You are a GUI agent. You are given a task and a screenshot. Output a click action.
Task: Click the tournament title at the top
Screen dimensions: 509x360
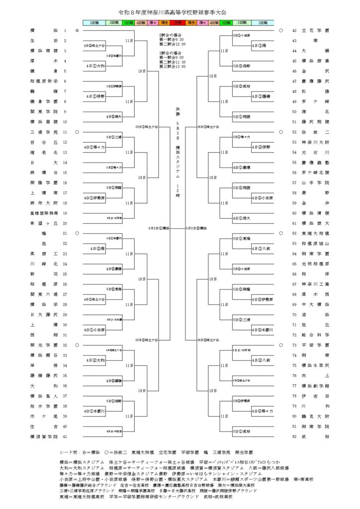pyautogui.click(x=180, y=11)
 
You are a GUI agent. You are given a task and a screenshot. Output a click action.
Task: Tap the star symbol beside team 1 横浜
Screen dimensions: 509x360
pyautogui.click(x=77, y=30)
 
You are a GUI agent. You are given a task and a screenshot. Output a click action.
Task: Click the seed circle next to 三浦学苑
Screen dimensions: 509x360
pyautogui.click(x=77, y=132)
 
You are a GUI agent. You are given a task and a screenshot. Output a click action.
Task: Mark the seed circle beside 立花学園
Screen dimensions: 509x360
pyautogui.click(x=281, y=30)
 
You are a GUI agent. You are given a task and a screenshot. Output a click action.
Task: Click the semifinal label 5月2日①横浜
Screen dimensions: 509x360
pyautogui.click(x=159, y=228)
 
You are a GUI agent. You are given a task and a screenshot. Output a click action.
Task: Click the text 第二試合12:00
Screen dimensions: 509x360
pyautogui.click(x=172, y=43)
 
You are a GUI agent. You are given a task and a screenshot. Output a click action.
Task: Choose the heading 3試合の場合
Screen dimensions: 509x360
pyautogui.click(x=169, y=52)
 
